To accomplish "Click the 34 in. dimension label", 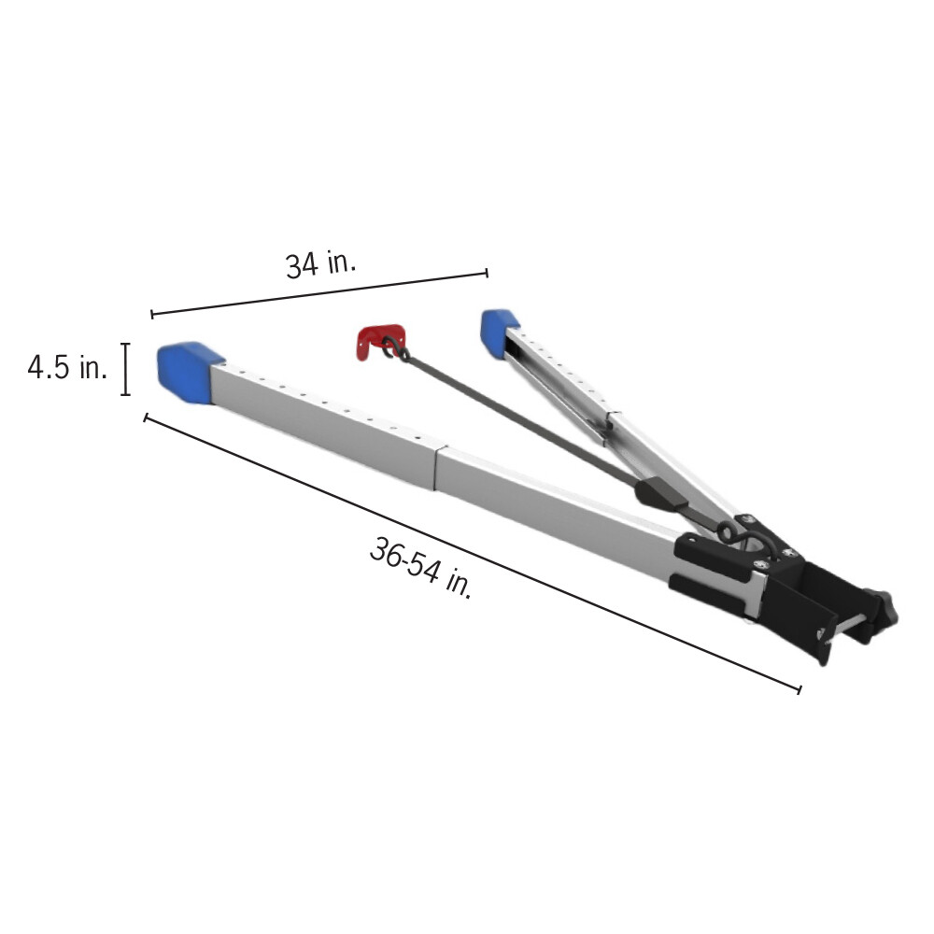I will pos(320,264).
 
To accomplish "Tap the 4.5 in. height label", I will pos(67,367).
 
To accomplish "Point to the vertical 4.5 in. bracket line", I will pos(125,370).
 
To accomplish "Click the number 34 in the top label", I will pos(302,267).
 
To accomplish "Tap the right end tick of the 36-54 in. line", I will pos(799,689).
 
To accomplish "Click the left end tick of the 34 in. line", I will pos(152,314).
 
